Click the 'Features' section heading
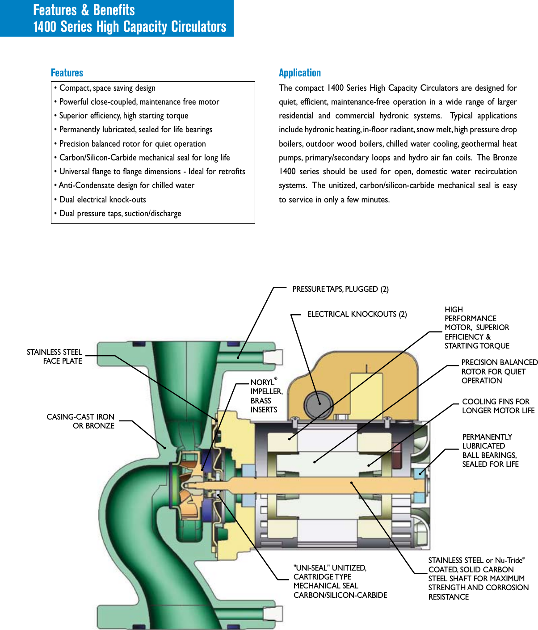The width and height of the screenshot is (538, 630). [x=67, y=73]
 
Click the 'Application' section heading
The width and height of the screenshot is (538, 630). [x=299, y=73]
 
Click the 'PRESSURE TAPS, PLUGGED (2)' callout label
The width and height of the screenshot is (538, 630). [x=340, y=289]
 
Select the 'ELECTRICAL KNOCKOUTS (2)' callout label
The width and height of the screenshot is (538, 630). [x=357, y=314]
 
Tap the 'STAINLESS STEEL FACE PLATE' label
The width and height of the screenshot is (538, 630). [x=55, y=357]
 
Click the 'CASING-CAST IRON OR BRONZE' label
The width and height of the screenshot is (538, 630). [x=80, y=421]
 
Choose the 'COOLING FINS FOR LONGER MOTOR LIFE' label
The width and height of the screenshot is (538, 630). [x=498, y=406]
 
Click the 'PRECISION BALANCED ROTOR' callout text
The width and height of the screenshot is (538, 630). [x=499, y=371]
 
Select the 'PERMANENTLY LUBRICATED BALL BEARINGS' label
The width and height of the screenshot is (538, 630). [x=490, y=450]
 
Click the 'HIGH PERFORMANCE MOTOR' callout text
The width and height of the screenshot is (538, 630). [x=476, y=328]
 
